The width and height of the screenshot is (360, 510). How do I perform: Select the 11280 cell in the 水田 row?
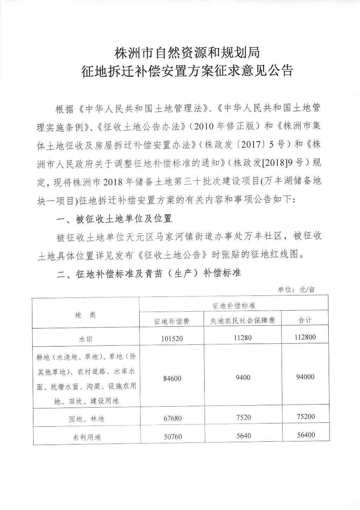pos(243,338)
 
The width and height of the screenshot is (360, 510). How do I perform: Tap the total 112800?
pos(305,337)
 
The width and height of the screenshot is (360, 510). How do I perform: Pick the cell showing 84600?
pos(172,378)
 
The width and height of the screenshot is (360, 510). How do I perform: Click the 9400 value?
pos(243,377)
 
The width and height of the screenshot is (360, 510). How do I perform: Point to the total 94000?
pos(305,377)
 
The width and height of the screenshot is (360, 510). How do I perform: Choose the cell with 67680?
pos(172,418)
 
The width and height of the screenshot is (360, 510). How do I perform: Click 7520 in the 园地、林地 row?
pos(243,417)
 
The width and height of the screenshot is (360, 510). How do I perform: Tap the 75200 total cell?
pos(305,416)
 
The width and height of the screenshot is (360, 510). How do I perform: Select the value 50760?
pos(172,437)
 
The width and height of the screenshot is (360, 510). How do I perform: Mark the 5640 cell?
pos(243,436)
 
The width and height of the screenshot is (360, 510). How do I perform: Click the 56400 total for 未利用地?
pos(305,435)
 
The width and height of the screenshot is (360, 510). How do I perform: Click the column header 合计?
pos(305,320)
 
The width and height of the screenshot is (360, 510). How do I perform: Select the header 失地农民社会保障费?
pos(243,320)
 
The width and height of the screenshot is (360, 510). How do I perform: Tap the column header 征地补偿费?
pos(172,321)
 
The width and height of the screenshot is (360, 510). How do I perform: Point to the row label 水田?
pos(85,339)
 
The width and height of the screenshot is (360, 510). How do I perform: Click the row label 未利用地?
pos(85,438)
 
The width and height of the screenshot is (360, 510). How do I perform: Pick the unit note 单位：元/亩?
pos(296,290)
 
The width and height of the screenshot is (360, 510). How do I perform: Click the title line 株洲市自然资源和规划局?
pos(187,53)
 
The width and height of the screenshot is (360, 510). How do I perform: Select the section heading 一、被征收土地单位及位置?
pos(114,219)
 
